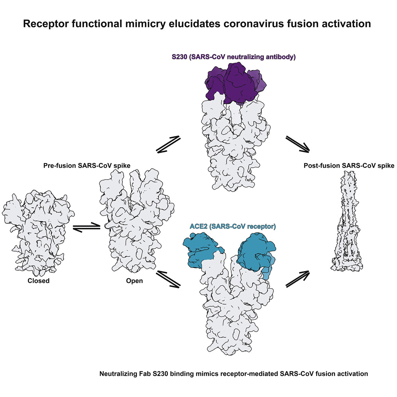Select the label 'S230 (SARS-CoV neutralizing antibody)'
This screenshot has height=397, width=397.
coord(234,57)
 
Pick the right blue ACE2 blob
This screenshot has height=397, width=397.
coord(255,253)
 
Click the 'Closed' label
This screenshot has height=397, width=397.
coord(38,281)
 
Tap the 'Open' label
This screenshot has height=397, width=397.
coord(134,281)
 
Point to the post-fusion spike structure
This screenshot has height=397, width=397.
coord(348,223)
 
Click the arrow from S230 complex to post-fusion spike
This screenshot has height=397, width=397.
coord(297,144)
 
